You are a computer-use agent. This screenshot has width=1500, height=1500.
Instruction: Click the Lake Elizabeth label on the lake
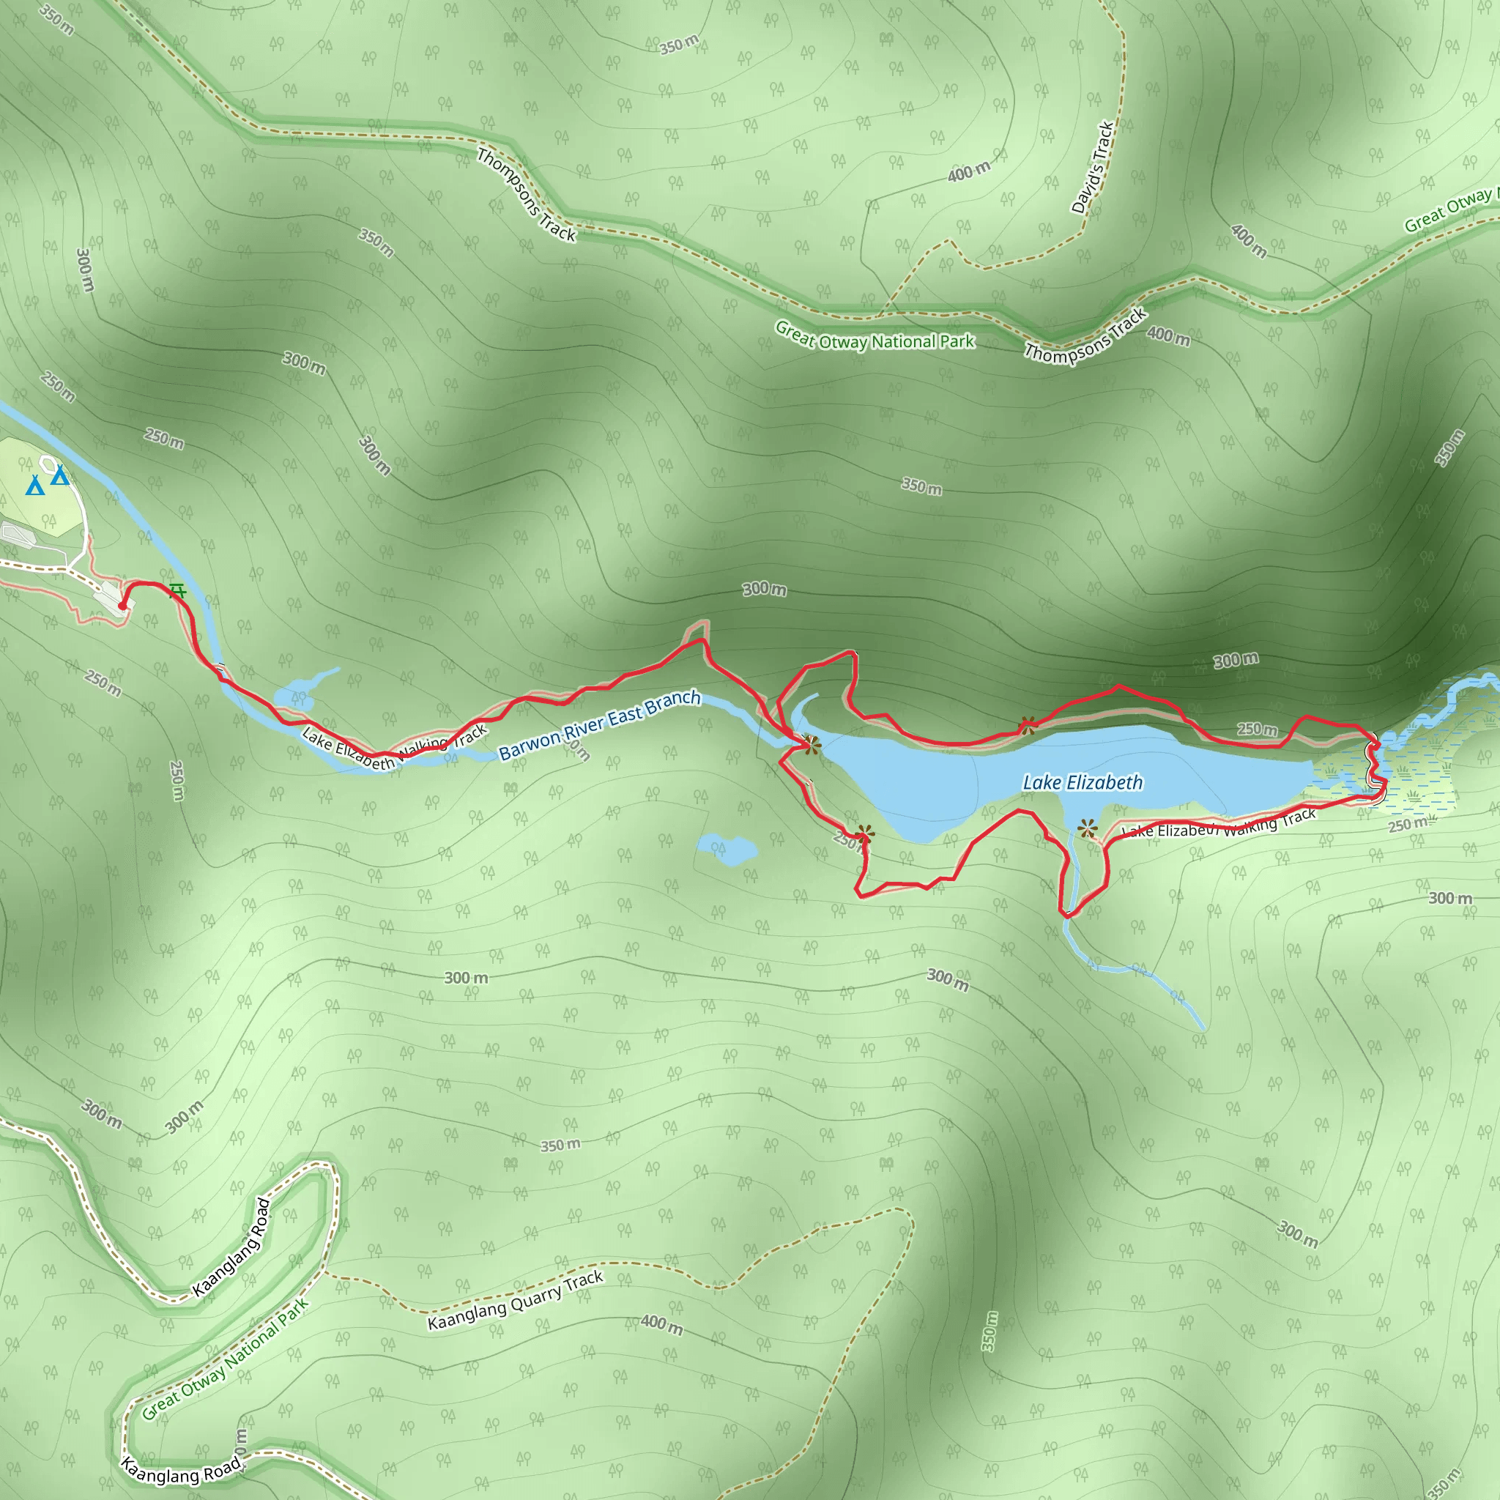(1083, 783)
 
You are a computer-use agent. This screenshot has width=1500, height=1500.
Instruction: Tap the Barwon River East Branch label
(599, 724)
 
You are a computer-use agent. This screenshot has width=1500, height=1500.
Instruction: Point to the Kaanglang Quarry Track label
(515, 1301)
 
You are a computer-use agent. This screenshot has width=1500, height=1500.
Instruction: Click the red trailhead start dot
(122, 606)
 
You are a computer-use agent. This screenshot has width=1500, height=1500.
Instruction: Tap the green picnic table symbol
(178, 592)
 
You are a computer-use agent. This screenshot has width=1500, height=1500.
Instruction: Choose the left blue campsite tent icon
(34, 486)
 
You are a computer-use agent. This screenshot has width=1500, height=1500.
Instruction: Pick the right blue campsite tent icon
(60, 475)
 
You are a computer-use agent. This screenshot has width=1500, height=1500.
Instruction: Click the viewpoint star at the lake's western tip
(811, 746)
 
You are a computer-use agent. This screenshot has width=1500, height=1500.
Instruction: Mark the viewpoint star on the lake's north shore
(1027, 727)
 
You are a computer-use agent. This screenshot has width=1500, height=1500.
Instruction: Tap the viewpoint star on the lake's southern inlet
(1088, 828)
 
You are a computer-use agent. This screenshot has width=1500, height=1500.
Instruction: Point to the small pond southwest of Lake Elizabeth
(727, 848)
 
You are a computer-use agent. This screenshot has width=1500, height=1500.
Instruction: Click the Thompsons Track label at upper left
(527, 195)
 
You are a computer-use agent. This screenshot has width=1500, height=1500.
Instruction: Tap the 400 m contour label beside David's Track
(969, 171)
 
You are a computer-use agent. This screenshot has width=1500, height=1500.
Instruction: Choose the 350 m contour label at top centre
(678, 45)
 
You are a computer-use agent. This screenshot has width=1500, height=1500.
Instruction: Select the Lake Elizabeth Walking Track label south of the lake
(1218, 825)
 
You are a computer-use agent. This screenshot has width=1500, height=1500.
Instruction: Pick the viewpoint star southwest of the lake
(864, 835)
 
